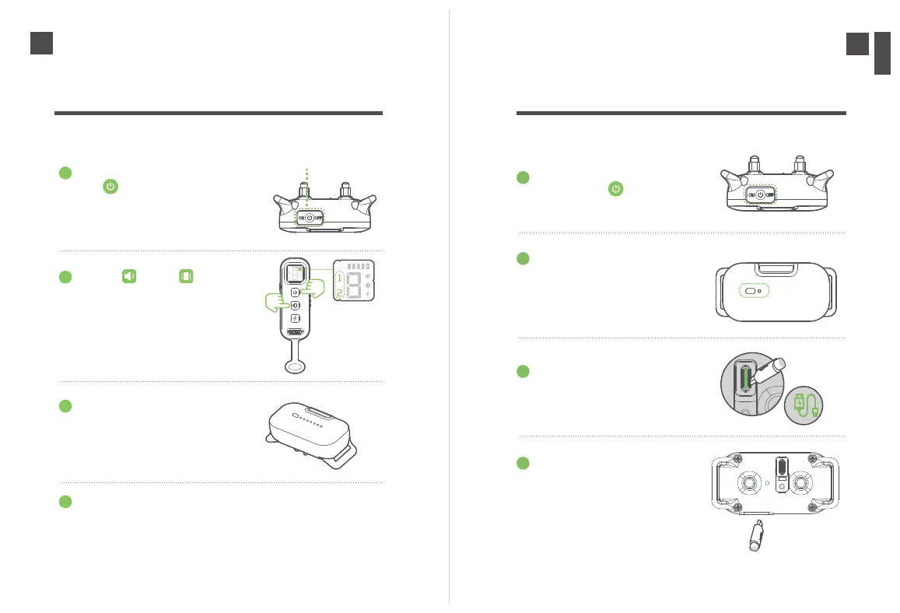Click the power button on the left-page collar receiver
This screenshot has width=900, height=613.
pos(310,219)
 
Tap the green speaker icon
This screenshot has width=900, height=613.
pos(130,276)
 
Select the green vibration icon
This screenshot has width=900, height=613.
pos(186,276)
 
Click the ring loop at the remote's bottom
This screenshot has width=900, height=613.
pos(296,366)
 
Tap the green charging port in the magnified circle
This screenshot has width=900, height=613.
pos(746,380)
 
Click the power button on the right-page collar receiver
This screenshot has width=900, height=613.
pos(761,195)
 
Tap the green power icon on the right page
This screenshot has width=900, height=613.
pos(616,188)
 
